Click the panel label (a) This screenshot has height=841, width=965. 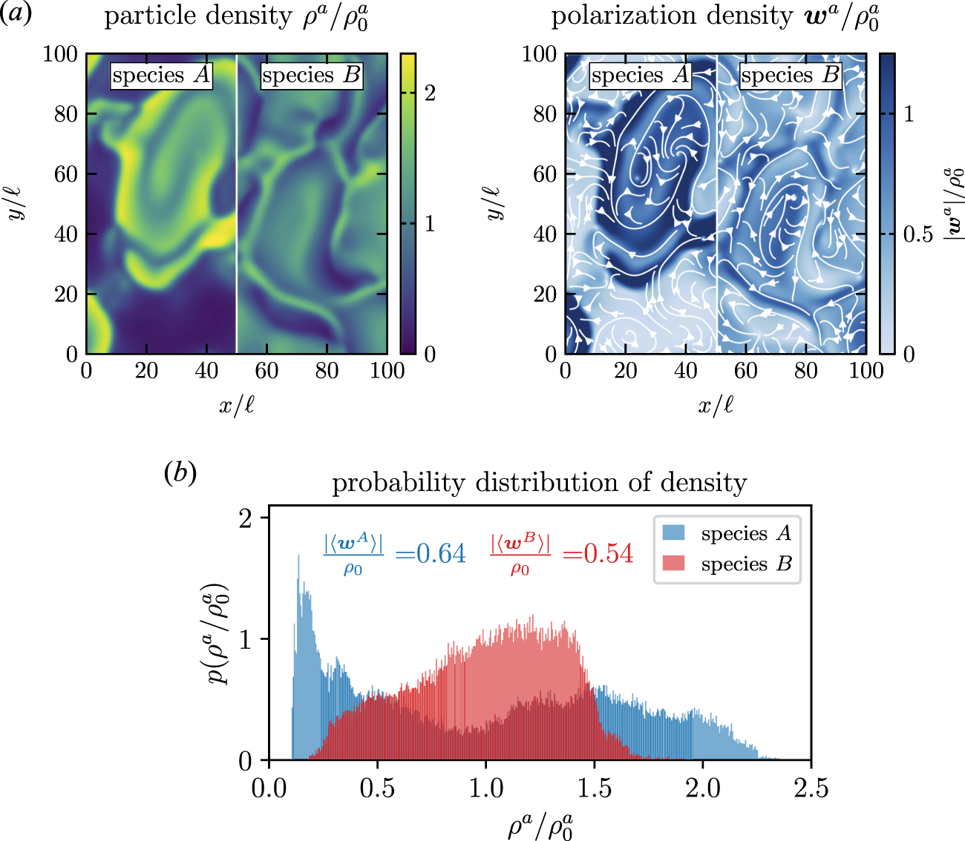(x=16, y=14)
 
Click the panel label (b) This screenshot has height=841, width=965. (x=180, y=473)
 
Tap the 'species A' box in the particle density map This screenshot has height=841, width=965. (x=161, y=75)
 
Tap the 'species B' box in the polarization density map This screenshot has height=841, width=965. (x=790, y=75)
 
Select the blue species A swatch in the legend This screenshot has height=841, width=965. (x=674, y=533)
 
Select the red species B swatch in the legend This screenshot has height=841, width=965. (x=674, y=564)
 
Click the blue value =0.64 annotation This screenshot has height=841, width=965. (x=431, y=554)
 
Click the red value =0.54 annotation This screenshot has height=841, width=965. (x=598, y=554)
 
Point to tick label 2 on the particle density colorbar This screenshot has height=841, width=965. (x=430, y=93)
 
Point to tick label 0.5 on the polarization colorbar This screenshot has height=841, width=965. (x=918, y=234)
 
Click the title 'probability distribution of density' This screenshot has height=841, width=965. (x=539, y=483)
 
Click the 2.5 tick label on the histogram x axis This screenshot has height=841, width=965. (x=811, y=788)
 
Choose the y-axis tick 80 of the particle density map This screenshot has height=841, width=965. (x=65, y=114)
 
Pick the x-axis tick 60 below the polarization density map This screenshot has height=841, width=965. (x=746, y=371)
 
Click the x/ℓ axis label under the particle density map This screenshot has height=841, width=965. (x=237, y=405)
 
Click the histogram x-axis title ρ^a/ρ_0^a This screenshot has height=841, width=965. (x=540, y=825)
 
